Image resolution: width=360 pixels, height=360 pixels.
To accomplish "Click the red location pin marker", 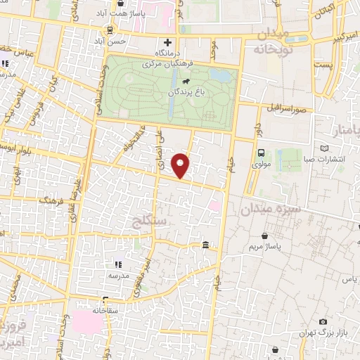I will tap(182, 165).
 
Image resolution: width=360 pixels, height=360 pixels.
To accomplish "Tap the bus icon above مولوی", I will tap(261, 153).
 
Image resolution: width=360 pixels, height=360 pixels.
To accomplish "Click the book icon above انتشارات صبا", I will tap(324, 148).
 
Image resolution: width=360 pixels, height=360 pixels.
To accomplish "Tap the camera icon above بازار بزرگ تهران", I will tap(323, 321).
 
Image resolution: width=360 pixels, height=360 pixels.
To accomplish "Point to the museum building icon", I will tap(205, 245).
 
